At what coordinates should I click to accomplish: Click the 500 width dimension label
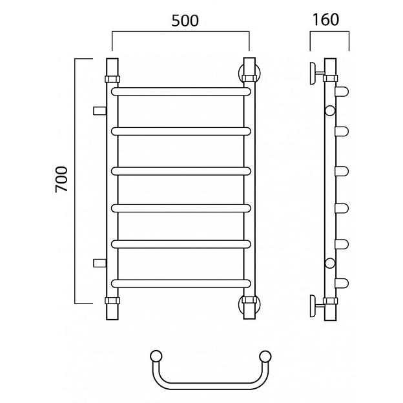[185, 21]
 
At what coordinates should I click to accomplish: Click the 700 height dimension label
[61, 179]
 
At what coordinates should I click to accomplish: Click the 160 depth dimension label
[325, 19]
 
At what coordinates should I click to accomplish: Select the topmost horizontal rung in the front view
[181, 92]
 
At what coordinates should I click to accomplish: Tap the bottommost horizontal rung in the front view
[181, 284]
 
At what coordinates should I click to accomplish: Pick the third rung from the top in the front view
[181, 171]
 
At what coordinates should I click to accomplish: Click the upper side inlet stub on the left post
[99, 111]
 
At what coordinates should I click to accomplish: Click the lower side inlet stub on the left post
[99, 263]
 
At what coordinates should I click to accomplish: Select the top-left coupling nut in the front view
[112, 79]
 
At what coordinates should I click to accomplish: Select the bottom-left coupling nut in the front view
[112, 300]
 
